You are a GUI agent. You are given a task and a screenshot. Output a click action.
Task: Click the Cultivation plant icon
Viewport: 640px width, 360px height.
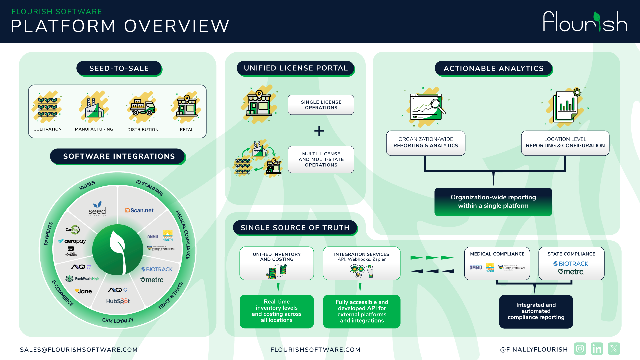47,107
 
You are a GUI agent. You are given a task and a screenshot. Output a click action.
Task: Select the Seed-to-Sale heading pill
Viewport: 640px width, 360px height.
119,68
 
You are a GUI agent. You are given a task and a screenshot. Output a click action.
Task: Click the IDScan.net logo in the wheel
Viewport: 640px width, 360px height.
139,210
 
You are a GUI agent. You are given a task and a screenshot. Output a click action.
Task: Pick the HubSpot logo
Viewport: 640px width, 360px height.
118,301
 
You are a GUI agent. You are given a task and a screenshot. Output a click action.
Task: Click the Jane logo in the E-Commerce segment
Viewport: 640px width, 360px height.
83,291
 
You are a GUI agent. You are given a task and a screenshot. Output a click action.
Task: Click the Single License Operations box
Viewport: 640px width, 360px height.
321,105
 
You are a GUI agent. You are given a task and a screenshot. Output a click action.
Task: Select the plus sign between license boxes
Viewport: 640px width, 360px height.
319,130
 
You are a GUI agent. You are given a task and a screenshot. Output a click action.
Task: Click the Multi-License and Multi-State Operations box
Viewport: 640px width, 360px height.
321,159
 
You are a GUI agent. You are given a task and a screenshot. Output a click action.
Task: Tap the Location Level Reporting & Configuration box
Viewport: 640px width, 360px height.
565,143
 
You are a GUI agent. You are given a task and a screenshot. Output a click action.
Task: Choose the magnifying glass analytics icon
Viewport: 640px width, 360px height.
428,107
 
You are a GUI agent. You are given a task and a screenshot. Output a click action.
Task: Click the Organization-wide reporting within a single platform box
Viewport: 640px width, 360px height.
493,202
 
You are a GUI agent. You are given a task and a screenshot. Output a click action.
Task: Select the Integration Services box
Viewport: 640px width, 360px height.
361,263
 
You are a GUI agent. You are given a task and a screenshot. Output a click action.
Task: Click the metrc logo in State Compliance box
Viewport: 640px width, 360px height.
571,272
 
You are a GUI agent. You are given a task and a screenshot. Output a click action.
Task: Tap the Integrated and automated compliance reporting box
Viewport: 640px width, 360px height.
536,311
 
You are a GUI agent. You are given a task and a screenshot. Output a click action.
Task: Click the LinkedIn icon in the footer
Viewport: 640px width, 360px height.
597,349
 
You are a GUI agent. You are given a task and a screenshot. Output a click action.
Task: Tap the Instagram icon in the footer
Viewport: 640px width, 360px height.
580,349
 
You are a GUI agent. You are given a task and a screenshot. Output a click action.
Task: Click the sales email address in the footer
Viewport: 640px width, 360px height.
79,350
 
